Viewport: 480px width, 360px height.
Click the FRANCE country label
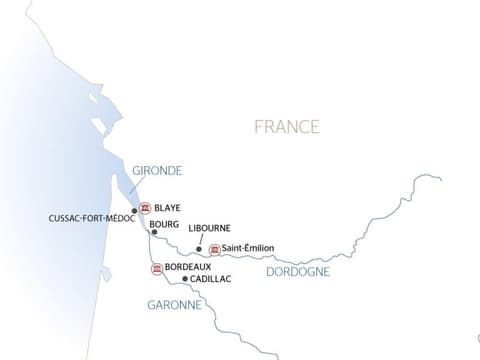point(287,127)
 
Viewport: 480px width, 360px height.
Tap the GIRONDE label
point(156,171)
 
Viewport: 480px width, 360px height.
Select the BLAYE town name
point(168,207)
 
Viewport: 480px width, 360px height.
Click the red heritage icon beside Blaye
point(146,207)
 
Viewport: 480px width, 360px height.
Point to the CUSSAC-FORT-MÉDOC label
point(90,217)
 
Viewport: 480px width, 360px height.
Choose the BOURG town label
point(163,224)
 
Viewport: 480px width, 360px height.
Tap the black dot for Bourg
point(155,232)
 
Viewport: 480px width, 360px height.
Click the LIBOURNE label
point(210,228)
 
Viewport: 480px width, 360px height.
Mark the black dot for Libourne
point(199,249)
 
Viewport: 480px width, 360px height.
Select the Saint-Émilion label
point(247,248)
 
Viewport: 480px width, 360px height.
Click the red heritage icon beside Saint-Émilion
point(214,249)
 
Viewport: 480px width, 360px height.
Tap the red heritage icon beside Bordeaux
point(156,269)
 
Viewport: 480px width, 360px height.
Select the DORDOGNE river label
point(298,271)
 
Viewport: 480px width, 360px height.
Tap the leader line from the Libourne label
point(202,240)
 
